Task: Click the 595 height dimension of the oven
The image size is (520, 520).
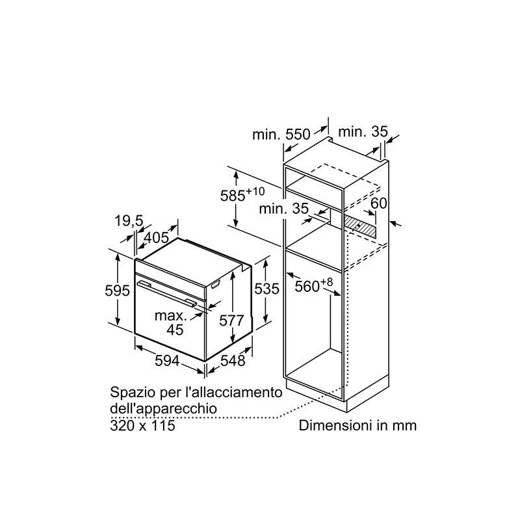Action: tap(117, 291)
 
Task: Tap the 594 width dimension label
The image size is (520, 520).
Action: tap(167, 361)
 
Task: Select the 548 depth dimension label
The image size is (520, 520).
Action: tap(233, 361)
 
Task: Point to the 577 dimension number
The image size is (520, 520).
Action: tap(231, 320)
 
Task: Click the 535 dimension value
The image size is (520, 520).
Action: tap(266, 289)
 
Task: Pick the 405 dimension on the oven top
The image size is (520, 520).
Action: tap(157, 237)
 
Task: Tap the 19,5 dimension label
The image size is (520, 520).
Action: tap(129, 221)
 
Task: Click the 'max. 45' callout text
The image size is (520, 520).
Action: tap(171, 322)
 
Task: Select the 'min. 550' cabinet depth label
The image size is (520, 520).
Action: tap(281, 135)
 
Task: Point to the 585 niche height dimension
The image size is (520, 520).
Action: tap(233, 196)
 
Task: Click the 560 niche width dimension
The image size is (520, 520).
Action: tap(307, 287)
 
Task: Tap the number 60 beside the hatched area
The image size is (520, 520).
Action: tap(379, 203)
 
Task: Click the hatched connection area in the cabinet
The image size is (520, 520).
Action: tap(360, 226)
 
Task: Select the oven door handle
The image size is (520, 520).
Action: tap(168, 293)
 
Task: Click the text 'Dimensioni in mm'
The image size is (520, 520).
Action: tap(357, 426)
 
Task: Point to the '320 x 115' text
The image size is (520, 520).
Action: tap(142, 426)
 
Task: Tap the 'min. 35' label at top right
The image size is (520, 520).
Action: tap(363, 132)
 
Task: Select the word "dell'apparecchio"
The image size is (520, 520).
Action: tap(164, 409)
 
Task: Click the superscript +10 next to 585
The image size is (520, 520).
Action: tap(255, 191)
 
